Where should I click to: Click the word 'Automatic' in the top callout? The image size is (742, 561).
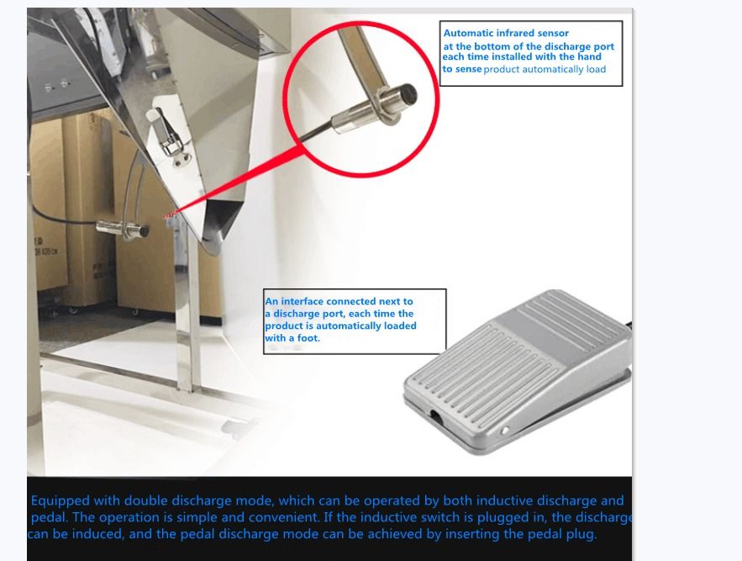click(x=469, y=34)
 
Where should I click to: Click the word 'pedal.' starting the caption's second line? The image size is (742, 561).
click(x=49, y=517)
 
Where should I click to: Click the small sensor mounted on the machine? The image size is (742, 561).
click(x=122, y=227)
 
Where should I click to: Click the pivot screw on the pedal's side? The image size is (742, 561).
click(x=504, y=431)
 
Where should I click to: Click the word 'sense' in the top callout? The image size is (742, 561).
click(x=467, y=69)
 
